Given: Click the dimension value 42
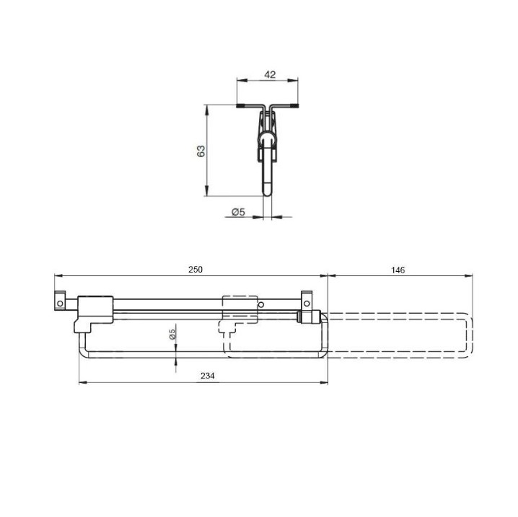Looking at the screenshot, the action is [270, 74].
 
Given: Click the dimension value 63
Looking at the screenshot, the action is [201, 151].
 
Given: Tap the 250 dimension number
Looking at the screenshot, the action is [196, 270].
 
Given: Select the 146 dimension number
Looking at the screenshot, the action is [398, 270].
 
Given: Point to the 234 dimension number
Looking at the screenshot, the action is [208, 376].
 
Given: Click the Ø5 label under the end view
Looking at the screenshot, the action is [238, 211].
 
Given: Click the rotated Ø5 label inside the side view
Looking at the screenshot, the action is [172, 334].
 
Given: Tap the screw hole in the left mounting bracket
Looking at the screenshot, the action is [60, 304].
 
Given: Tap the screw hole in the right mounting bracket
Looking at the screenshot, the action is [307, 304].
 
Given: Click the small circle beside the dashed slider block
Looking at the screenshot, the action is [261, 304].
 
